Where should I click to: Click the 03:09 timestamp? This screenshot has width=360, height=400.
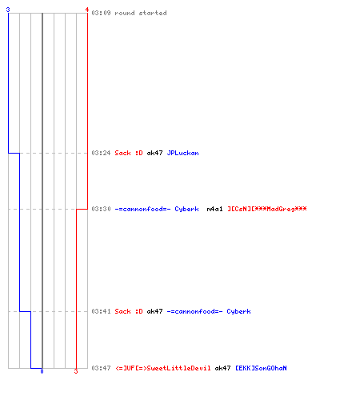tap(101, 13)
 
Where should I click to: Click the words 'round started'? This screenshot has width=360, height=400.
tap(141, 13)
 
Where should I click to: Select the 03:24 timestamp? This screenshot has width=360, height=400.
tap(101, 153)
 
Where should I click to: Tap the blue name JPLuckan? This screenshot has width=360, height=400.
tap(182, 153)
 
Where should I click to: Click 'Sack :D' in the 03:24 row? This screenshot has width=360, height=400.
tap(129, 153)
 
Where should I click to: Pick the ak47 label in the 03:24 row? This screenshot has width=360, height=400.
tap(154, 153)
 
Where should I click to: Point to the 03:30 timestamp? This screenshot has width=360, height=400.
tap(101, 209)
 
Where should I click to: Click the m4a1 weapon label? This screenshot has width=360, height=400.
tap(214, 209)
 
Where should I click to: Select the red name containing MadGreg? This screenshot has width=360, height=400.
tap(267, 209)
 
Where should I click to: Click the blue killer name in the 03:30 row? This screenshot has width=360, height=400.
tap(157, 209)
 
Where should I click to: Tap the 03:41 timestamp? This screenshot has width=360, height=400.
tap(101, 311)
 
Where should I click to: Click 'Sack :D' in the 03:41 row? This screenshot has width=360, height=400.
tap(129, 311)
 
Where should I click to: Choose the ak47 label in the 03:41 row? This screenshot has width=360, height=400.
tap(154, 311)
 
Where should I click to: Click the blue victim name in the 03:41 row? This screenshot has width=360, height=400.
tap(209, 311)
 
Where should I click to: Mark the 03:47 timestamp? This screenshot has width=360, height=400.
tap(101, 368)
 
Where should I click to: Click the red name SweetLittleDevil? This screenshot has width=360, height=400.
tap(163, 368)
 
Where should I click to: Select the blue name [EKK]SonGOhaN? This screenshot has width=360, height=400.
tap(261, 368)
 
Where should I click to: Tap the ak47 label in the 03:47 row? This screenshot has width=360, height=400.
tap(222, 368)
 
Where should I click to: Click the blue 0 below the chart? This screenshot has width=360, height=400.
tap(42, 371)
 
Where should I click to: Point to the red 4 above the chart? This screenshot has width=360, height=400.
tap(87, 10)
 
